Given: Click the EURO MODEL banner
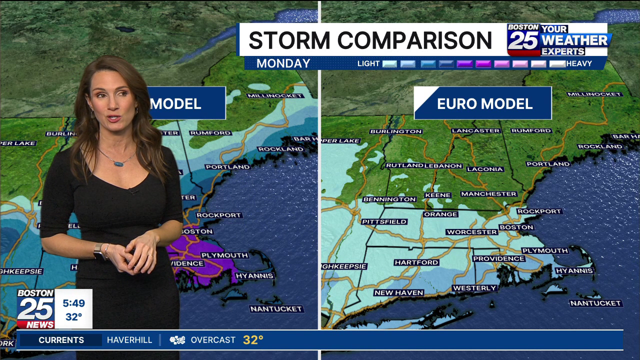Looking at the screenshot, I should click(x=483, y=103).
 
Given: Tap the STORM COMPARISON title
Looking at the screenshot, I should click(x=370, y=40).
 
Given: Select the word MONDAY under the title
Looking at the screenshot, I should click(x=283, y=63).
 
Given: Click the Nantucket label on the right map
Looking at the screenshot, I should click(x=595, y=303).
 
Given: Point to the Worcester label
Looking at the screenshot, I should click(x=471, y=232).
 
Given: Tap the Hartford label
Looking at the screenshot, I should click(x=416, y=262).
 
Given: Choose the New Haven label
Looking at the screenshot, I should click(x=398, y=292).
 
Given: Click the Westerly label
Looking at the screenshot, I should click(x=474, y=288).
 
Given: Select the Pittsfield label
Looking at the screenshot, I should click(x=384, y=221).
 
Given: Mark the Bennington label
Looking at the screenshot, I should click(x=389, y=199).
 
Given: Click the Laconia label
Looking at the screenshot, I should click(x=485, y=169).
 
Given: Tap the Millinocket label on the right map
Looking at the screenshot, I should click(x=594, y=94).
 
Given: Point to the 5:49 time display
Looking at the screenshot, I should click(x=73, y=303).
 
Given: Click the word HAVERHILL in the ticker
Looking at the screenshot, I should click(x=129, y=340).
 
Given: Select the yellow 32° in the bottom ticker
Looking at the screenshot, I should click(x=253, y=340).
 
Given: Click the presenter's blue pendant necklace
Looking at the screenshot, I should click(x=118, y=163).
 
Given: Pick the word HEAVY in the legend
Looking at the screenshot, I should click(x=579, y=63).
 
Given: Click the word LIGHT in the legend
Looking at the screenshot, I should click(x=368, y=63).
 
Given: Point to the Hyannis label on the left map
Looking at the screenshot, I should click(x=254, y=275).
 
